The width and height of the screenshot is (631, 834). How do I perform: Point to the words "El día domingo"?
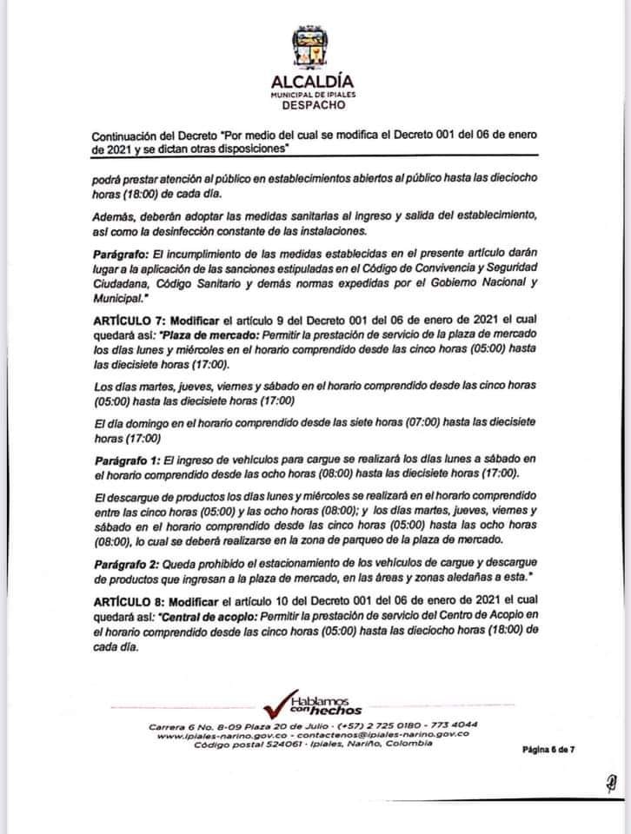click(128, 422)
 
